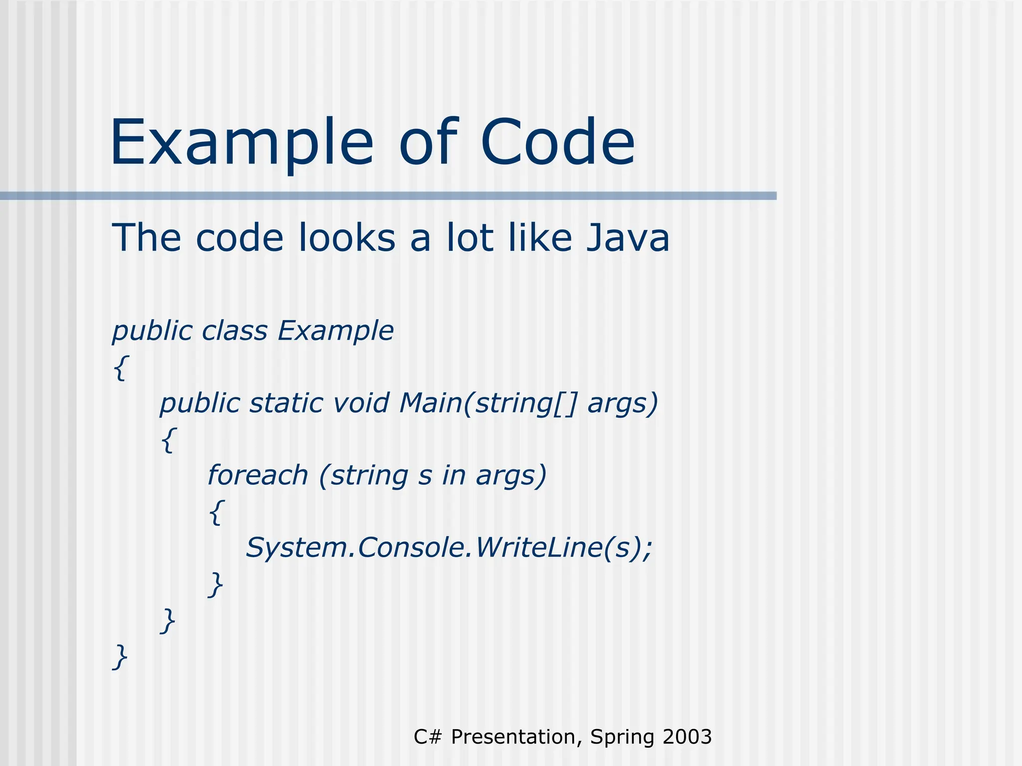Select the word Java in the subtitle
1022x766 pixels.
[627, 238]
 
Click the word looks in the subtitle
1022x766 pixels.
[347, 238]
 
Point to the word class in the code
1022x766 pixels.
[235, 331]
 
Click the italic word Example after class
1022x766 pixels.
[335, 331]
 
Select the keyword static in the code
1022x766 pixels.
[286, 403]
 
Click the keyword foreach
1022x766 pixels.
[257, 475]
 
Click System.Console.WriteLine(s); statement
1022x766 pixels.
[449, 548]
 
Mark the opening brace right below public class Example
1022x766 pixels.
[121, 368]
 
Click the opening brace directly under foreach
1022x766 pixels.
[216, 512]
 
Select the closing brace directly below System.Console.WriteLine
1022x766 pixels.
[216, 584]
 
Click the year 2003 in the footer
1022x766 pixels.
[687, 737]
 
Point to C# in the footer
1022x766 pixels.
[428, 737]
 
